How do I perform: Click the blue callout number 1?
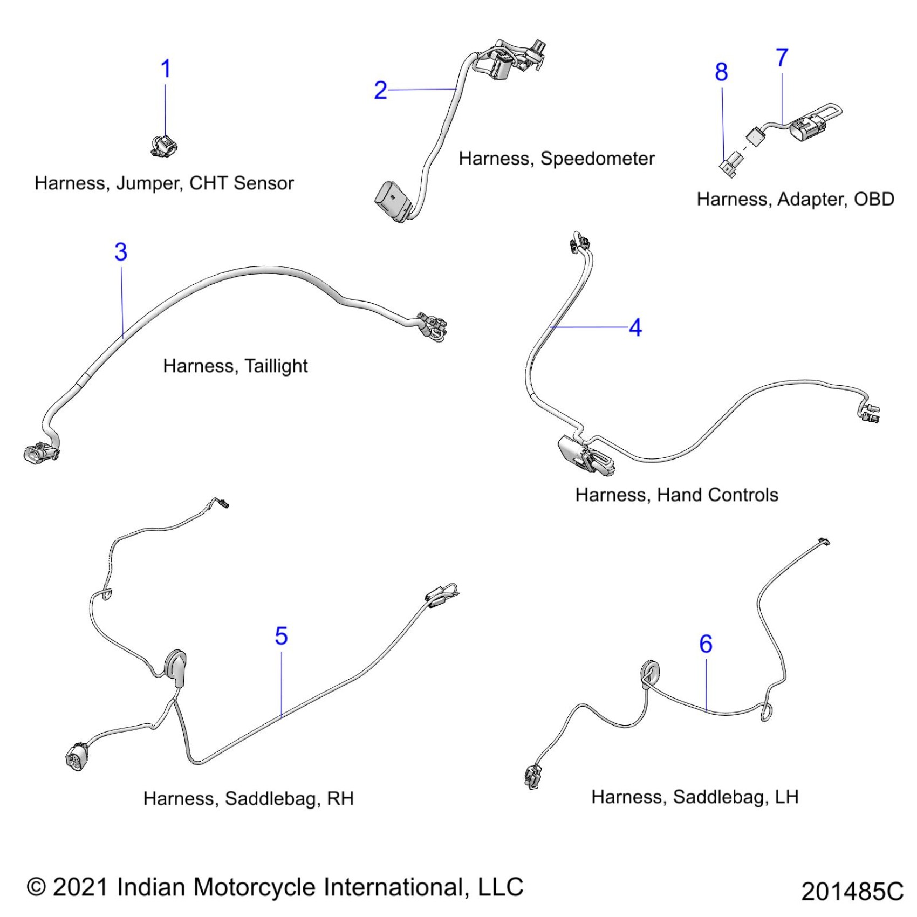[x=166, y=69]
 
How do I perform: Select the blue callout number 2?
[x=380, y=90]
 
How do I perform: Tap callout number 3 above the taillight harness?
[x=121, y=252]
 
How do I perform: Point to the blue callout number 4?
[x=635, y=327]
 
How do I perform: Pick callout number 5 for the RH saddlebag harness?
[x=281, y=636]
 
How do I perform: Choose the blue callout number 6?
[x=706, y=644]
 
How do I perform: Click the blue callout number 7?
[x=782, y=58]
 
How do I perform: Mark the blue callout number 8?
[x=721, y=72]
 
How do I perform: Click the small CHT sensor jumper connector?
[x=163, y=146]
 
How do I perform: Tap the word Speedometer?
[x=597, y=159]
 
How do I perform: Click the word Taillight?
[x=276, y=366]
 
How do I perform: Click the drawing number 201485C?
[x=852, y=892]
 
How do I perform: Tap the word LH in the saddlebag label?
[x=786, y=797]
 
